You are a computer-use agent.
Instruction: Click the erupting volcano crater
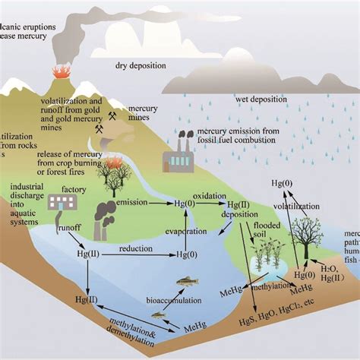click(x=58, y=72)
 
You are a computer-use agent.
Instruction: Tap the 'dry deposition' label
click(x=141, y=66)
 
